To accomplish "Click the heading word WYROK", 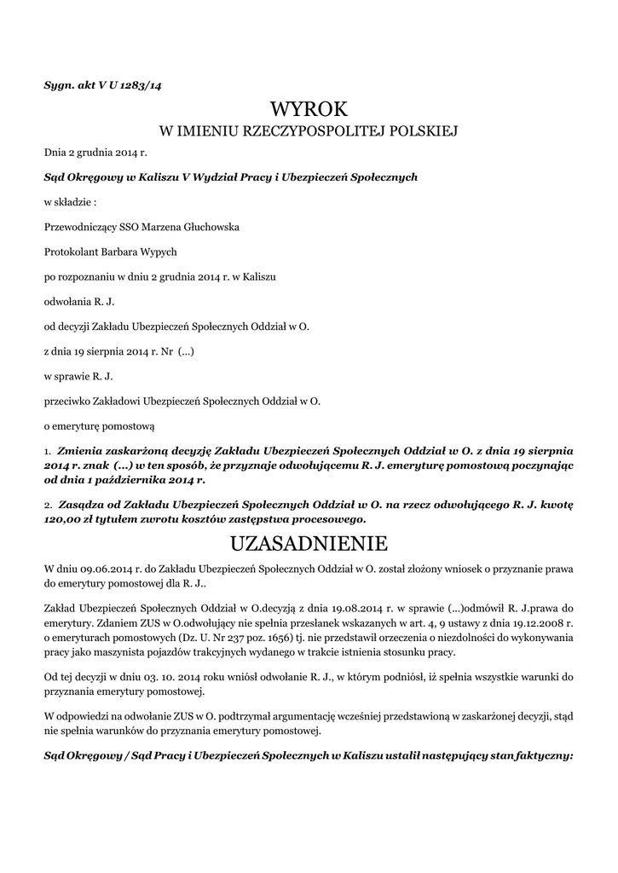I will coord(309,109).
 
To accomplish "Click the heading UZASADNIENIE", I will coord(309,543).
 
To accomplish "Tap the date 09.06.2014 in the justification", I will coord(98,569).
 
